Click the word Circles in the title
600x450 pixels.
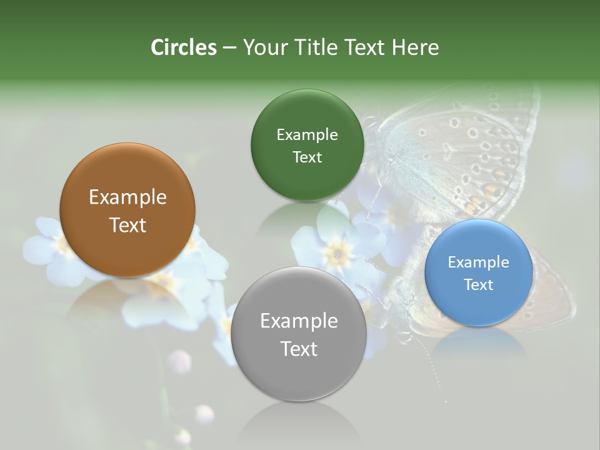(x=183, y=47)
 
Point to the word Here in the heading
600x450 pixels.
(x=415, y=47)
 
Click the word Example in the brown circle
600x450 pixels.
(x=127, y=197)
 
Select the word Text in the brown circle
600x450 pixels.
(x=127, y=225)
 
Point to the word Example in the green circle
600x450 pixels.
(x=307, y=135)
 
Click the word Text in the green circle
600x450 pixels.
(x=307, y=157)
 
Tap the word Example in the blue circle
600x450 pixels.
(x=479, y=262)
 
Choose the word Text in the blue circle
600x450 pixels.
(x=479, y=284)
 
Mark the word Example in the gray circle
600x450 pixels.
(x=299, y=321)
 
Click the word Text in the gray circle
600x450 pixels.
(x=299, y=349)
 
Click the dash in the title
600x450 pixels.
(x=229, y=47)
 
